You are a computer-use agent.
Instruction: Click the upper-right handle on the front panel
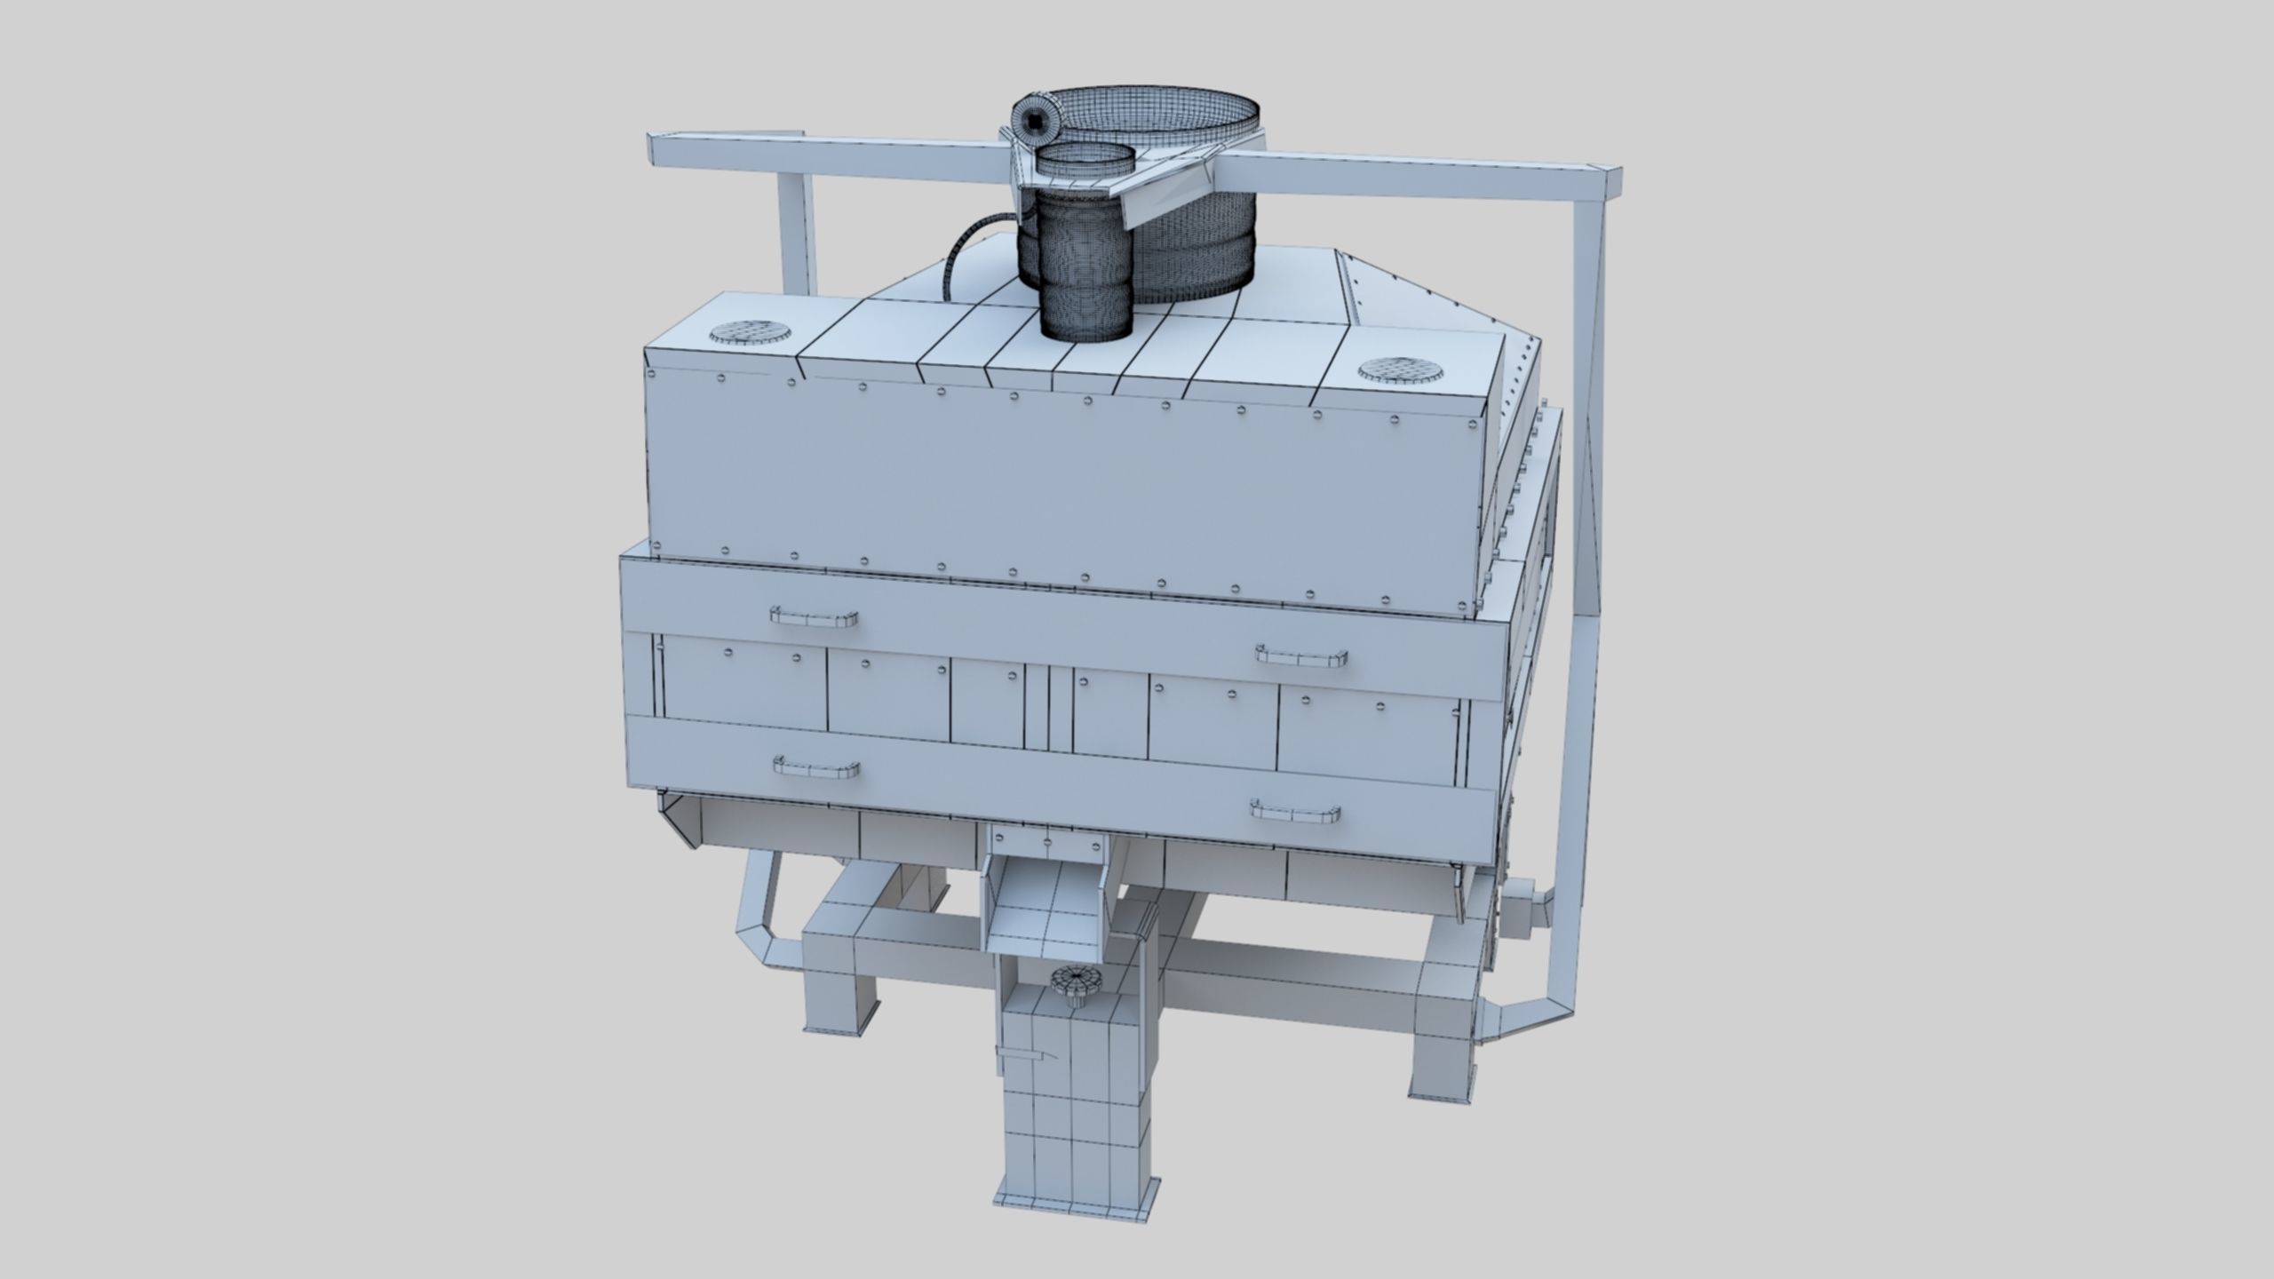click(1301, 655)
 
